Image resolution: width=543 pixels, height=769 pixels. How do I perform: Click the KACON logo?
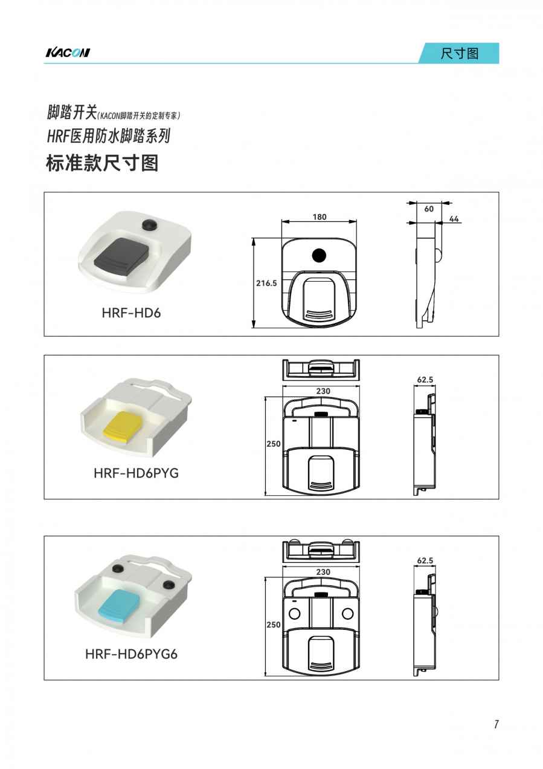click(x=68, y=53)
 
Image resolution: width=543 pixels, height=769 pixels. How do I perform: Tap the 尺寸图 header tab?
click(x=459, y=53)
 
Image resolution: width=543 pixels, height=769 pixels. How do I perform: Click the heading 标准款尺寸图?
click(x=102, y=163)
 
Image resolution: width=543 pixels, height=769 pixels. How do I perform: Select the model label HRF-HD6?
click(x=132, y=313)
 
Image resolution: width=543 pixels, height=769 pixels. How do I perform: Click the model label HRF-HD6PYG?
click(x=136, y=473)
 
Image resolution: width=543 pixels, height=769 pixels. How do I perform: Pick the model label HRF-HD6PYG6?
click(x=132, y=654)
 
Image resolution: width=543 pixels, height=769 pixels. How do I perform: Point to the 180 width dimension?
click(x=320, y=217)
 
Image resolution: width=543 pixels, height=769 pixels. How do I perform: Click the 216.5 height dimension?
click(x=266, y=283)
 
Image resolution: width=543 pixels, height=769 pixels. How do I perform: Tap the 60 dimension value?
click(x=429, y=209)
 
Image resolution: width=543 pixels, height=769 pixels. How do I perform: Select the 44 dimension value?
click(x=454, y=219)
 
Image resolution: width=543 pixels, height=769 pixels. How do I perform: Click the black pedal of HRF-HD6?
click(x=122, y=255)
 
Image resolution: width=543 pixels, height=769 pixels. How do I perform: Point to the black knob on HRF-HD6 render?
click(x=149, y=225)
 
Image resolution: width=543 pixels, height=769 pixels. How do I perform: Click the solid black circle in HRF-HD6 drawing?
click(x=319, y=255)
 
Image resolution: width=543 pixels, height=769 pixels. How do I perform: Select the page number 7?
click(x=496, y=724)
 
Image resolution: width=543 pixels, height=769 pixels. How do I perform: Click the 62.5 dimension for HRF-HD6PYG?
click(x=425, y=380)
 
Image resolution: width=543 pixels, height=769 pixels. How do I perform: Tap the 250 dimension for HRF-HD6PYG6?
click(x=274, y=625)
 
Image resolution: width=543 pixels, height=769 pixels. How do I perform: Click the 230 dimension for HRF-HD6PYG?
click(x=323, y=391)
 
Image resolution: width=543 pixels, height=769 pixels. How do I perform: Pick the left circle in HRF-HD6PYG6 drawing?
click(x=295, y=614)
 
